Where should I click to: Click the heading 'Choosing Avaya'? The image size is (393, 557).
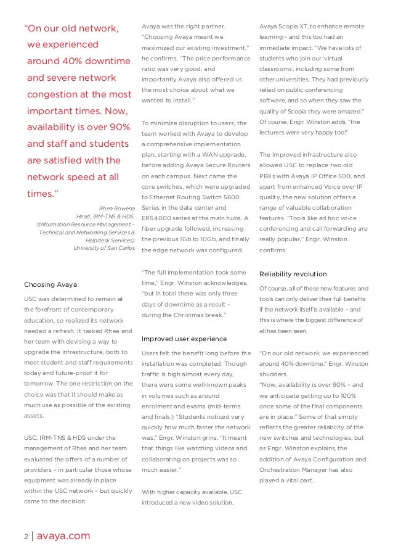51,284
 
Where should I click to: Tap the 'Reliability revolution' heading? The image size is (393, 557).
293,274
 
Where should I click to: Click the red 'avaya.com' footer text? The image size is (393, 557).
64,536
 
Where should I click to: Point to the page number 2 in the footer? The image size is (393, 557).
26,536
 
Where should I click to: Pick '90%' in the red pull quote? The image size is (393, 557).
115,127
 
